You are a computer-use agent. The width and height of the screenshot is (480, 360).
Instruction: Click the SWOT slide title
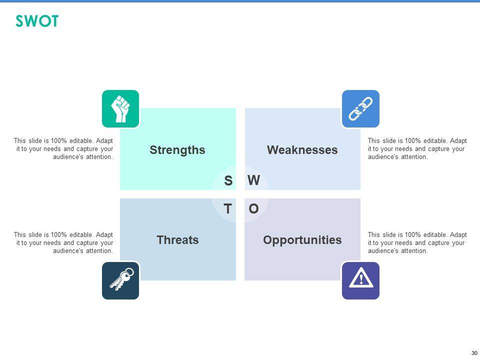click(37, 21)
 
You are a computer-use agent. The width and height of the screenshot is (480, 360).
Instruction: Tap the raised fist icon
click(120, 108)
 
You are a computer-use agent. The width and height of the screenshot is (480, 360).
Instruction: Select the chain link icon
click(360, 108)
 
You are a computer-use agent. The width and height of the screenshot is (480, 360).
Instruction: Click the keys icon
click(121, 279)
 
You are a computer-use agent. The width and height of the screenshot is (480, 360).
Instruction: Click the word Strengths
click(177, 150)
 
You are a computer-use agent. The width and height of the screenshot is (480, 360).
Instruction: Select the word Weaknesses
click(302, 150)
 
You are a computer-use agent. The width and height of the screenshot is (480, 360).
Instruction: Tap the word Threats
click(177, 240)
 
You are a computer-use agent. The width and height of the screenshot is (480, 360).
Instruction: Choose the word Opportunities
click(302, 240)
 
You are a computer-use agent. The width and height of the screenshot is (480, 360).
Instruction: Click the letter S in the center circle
click(228, 180)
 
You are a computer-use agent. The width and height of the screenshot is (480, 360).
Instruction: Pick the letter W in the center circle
click(254, 180)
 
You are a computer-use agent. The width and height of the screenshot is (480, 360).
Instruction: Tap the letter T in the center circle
click(228, 209)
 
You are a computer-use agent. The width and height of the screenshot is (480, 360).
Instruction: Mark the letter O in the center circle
click(253, 209)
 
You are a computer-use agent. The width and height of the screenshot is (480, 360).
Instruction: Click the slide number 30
click(474, 353)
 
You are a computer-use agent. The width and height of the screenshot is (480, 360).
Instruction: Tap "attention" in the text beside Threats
click(99, 250)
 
